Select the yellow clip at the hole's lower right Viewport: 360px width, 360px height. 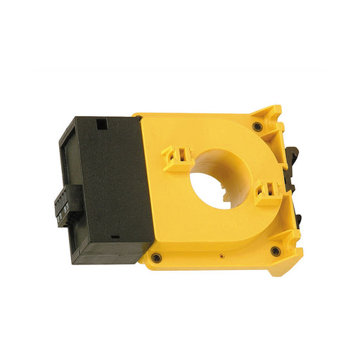coord(267,191)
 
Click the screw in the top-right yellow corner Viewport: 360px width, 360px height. coord(258,127)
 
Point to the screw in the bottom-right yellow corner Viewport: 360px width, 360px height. coord(276,250)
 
